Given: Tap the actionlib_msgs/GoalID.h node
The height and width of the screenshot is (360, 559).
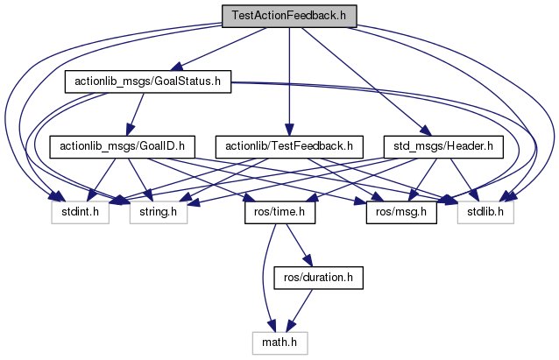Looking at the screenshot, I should pyautogui.click(x=121, y=145).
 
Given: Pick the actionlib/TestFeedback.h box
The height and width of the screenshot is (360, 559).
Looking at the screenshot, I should pyautogui.click(x=288, y=145).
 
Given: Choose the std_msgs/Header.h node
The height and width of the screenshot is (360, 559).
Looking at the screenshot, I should pyautogui.click(x=444, y=145).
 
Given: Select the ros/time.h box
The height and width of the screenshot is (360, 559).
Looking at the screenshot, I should pyautogui.click(x=274, y=211).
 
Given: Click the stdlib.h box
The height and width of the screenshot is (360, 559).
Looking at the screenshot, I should pyautogui.click(x=485, y=211).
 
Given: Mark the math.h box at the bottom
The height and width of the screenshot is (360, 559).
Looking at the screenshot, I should pyautogui.click(x=279, y=341).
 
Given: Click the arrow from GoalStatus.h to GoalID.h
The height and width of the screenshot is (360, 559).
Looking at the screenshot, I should pyautogui.click(x=134, y=115).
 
